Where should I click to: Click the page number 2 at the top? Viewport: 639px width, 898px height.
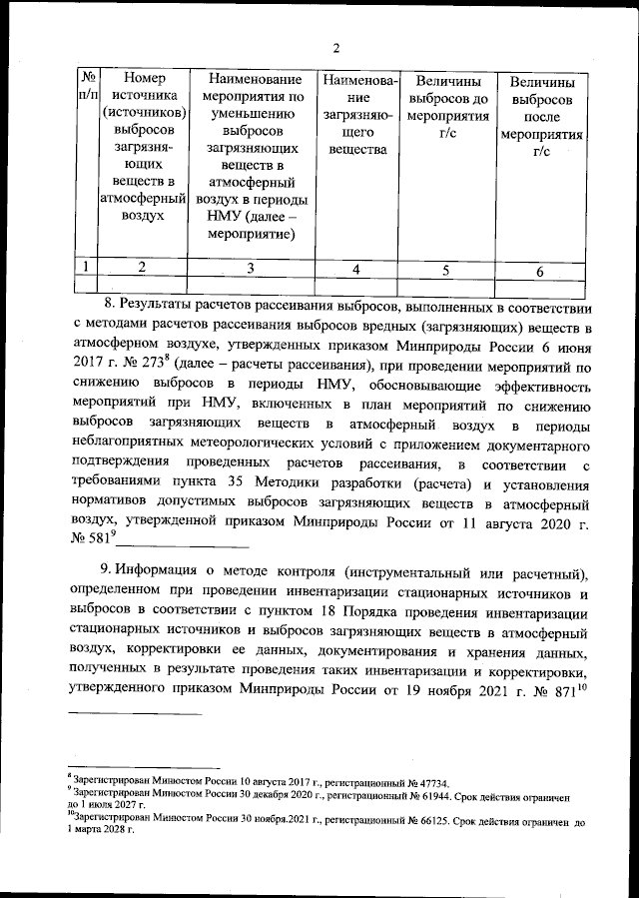pos(336,47)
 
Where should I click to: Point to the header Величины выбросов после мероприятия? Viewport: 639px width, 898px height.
pos(540,117)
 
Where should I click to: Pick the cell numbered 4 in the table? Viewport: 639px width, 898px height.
pos(355,269)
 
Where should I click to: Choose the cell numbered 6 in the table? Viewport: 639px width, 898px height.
pos(540,270)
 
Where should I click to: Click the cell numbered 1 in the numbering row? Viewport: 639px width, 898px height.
pos(89,266)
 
